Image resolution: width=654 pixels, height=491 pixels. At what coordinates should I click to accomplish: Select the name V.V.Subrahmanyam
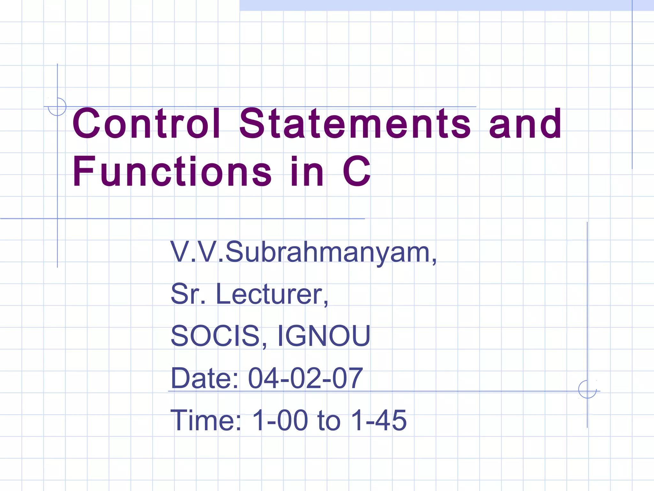pos(303,253)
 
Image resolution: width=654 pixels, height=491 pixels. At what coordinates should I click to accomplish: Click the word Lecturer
pos(272,294)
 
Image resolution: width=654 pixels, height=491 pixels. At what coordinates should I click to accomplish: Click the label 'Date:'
pos(205,378)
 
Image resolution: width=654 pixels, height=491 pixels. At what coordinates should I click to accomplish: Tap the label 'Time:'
pos(206,420)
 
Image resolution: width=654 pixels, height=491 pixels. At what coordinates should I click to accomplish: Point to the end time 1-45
pos(379,420)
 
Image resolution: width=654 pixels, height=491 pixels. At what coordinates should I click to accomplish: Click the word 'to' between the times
pos(329,420)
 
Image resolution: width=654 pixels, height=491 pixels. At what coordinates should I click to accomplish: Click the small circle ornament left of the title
pos(57,106)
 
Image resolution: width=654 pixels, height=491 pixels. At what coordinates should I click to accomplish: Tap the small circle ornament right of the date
pos(587,389)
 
